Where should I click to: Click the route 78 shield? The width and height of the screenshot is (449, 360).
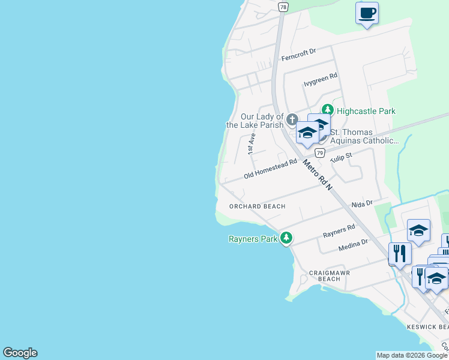coord(283,7)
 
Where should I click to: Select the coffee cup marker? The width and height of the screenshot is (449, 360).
coord(367,13)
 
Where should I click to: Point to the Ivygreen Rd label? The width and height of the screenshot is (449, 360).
coord(321,80)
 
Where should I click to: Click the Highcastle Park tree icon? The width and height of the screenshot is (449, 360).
coord(327,110)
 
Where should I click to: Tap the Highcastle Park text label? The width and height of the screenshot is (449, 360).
coord(366,111)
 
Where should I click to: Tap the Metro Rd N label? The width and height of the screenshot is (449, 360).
coord(318,175)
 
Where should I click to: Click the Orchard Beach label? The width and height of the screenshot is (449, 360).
coord(257,206)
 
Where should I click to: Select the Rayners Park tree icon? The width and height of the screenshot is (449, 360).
coord(286,238)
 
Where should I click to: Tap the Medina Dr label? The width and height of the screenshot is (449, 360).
coord(352,244)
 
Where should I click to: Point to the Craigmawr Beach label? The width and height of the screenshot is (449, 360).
coord(328,275)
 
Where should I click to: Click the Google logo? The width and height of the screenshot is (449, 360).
coord(20,353)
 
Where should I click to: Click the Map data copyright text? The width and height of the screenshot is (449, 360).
coord(412,355)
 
